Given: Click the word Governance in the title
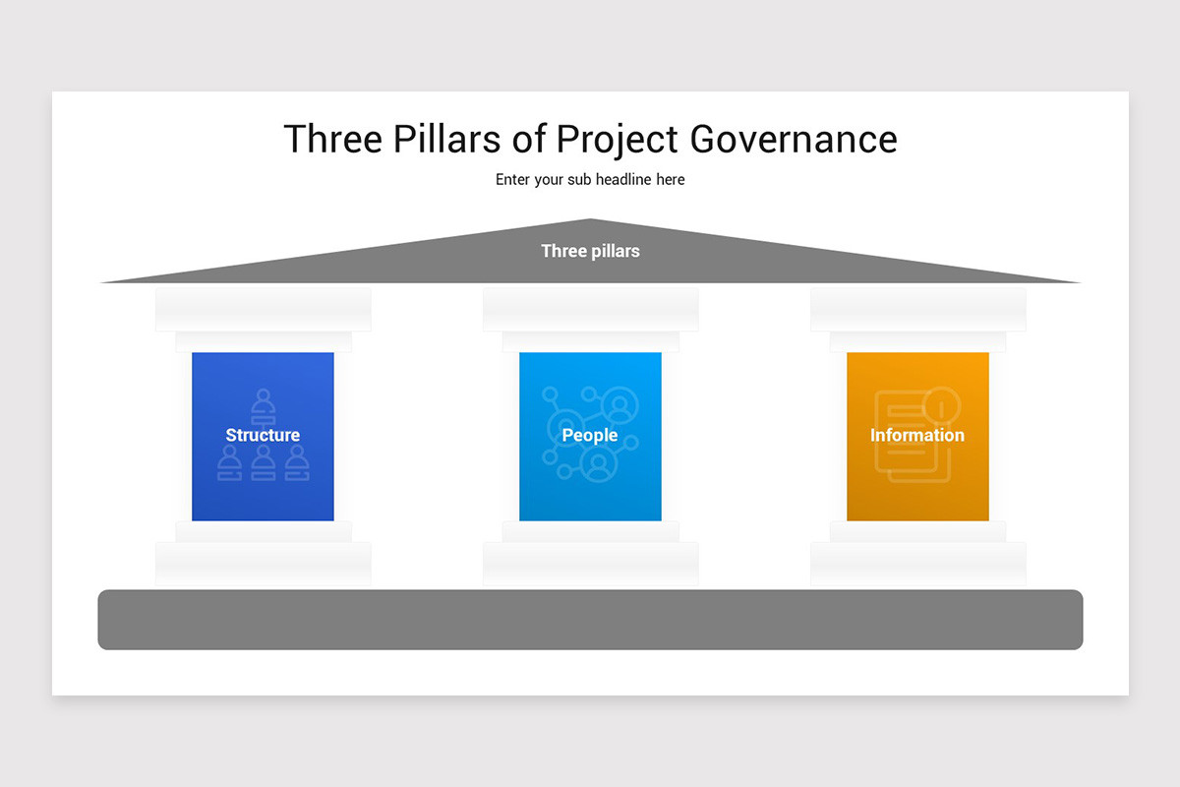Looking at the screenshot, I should [x=793, y=140].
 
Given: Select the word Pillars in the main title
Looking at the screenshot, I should [x=448, y=140].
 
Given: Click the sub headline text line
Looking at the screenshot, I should [x=590, y=180].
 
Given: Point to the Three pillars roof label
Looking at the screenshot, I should [x=590, y=251].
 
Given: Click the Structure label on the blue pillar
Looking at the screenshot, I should [x=263, y=435].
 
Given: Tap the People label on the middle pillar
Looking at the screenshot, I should [x=590, y=435].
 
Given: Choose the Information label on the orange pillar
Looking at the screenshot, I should [x=917, y=435].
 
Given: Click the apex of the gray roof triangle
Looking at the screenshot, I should [x=590, y=221].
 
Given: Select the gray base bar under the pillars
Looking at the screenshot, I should [x=590, y=620].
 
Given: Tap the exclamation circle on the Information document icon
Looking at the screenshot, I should [x=941, y=403].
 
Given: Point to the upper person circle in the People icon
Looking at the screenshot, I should [x=619, y=403].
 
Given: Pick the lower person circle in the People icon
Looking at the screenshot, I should [x=598, y=464].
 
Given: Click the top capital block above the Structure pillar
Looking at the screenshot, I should [x=263, y=310].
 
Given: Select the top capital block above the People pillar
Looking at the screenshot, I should [x=590, y=310].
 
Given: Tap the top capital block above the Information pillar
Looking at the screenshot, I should [x=917, y=310].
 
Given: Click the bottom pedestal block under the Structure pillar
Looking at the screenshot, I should [x=263, y=564].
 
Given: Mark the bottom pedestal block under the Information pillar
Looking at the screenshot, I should [x=917, y=564].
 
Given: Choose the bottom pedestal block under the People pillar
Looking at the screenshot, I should [x=590, y=564].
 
